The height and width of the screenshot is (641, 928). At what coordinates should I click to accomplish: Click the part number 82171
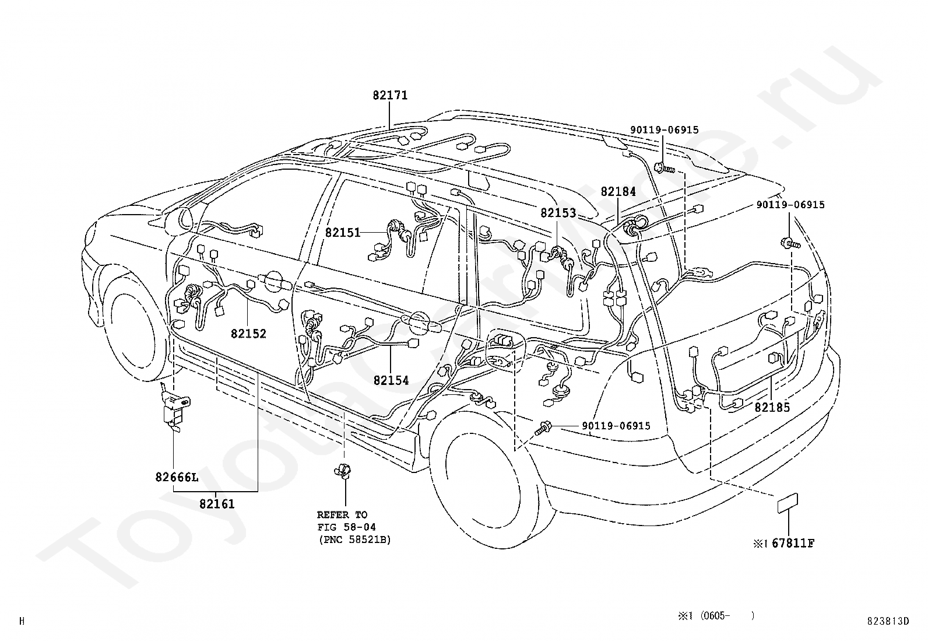[390, 95]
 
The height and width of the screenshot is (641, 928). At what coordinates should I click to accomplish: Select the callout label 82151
[343, 233]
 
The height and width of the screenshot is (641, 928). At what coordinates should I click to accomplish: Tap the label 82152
[248, 334]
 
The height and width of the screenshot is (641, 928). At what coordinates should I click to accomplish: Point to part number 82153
[558, 213]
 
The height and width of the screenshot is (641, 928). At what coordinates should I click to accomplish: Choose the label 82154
[391, 380]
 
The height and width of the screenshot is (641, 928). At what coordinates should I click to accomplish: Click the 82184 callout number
[618, 191]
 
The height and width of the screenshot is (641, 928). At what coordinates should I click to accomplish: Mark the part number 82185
[772, 407]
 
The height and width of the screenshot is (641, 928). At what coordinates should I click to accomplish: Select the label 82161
[217, 504]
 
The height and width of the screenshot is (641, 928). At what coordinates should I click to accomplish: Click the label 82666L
[177, 477]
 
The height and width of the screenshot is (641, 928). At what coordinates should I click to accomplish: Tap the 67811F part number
[793, 543]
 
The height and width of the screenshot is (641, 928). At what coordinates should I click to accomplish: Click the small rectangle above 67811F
[788, 503]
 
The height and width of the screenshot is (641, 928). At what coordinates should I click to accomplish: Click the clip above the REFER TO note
[343, 471]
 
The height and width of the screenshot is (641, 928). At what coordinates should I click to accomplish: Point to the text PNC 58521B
[354, 540]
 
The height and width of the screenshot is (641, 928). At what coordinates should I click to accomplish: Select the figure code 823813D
[888, 621]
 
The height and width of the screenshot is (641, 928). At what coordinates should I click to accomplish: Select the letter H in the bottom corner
[22, 621]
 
